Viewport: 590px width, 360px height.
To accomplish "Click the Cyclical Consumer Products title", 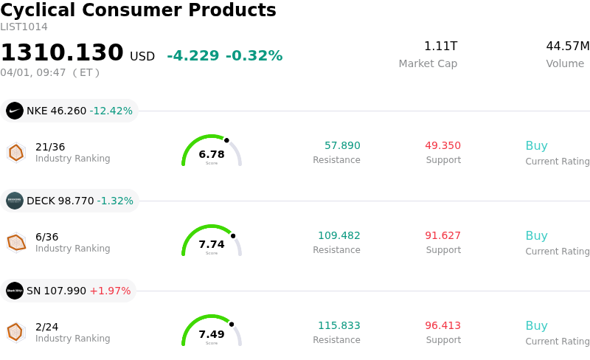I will pyautogui.click(x=138, y=10).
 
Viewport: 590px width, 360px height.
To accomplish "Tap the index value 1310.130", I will pyautogui.click(x=62, y=53).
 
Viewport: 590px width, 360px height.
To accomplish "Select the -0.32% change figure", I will pyautogui.click(x=254, y=56).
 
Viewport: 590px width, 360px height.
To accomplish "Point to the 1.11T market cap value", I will pyautogui.click(x=440, y=46).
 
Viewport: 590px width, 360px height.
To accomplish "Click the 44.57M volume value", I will pyautogui.click(x=567, y=46).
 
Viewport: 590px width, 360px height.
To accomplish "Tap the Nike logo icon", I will pyautogui.click(x=15, y=111).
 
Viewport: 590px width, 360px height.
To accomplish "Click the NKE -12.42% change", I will pyautogui.click(x=111, y=111).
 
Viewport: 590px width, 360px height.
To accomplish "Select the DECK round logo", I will pyautogui.click(x=15, y=201).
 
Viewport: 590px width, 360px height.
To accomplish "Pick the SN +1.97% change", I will pyautogui.click(x=110, y=291).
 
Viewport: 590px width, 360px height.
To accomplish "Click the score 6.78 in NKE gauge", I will pyautogui.click(x=212, y=154).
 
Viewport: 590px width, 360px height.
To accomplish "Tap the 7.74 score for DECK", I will pyautogui.click(x=212, y=244).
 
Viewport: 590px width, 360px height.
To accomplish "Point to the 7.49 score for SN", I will pyautogui.click(x=212, y=334).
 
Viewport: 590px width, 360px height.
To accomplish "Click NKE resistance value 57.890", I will pyautogui.click(x=342, y=146).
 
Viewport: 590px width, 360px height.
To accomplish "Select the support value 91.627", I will pyautogui.click(x=442, y=236).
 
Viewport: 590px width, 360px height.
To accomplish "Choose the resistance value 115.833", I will pyautogui.click(x=339, y=326).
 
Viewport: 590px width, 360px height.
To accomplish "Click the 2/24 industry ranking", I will pyautogui.click(x=46, y=326).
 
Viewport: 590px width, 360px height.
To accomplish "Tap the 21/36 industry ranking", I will pyautogui.click(x=50, y=146).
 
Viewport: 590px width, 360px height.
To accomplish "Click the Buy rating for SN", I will pyautogui.click(x=536, y=326).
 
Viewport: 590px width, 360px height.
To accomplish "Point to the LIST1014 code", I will pyautogui.click(x=24, y=27).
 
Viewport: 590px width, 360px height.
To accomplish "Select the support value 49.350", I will pyautogui.click(x=442, y=146).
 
